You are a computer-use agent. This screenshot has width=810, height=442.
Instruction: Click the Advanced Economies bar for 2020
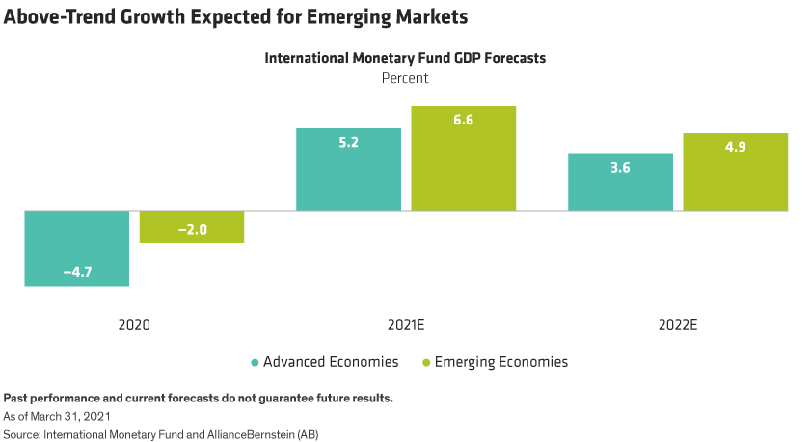(77, 248)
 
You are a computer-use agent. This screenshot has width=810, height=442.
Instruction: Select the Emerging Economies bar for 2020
(192, 227)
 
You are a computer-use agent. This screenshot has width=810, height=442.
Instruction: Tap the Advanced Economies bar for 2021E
(348, 169)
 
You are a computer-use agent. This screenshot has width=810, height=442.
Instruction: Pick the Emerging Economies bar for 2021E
(464, 158)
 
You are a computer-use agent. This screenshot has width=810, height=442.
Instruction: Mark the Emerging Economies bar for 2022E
(736, 172)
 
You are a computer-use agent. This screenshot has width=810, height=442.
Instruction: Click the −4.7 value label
(77, 273)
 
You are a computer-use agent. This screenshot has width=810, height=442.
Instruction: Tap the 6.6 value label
(464, 120)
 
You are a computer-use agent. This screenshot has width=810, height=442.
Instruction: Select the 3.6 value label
(620, 167)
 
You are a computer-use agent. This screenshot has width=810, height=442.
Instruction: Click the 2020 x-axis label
(134, 325)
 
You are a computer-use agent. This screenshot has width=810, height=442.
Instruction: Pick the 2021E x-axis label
(406, 325)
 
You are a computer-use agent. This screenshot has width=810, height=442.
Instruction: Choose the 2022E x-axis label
(678, 325)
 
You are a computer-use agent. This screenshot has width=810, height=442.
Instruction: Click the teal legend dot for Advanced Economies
(255, 363)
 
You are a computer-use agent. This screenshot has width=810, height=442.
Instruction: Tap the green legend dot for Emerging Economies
(426, 363)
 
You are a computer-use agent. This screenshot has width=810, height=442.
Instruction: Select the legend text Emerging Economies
(501, 362)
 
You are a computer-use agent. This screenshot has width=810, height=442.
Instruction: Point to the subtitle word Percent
(406, 78)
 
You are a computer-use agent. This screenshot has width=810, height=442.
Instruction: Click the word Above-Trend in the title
(59, 16)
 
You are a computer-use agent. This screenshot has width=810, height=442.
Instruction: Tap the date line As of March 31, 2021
(58, 416)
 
